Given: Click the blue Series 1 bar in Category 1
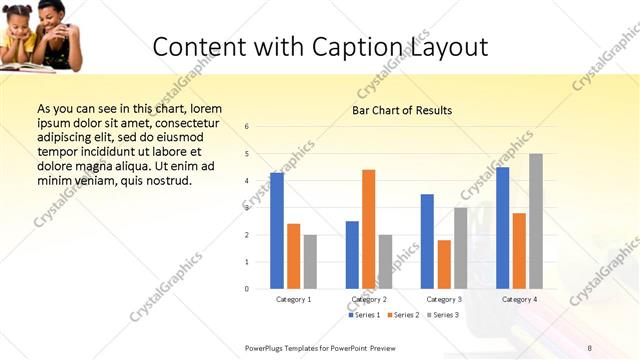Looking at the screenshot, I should [x=277, y=231].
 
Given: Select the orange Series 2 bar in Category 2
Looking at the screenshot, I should [x=369, y=229].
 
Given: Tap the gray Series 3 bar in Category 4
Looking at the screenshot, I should [x=536, y=221].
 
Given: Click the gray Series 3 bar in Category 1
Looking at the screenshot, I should [x=310, y=262].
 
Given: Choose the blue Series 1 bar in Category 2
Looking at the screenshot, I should [x=352, y=255].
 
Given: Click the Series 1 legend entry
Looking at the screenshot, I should [x=366, y=315].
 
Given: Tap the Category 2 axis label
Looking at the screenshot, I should [x=369, y=299].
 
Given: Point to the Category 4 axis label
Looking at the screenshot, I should [x=519, y=299].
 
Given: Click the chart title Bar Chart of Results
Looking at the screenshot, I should [x=402, y=110].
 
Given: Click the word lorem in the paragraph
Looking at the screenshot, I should [x=205, y=108].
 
